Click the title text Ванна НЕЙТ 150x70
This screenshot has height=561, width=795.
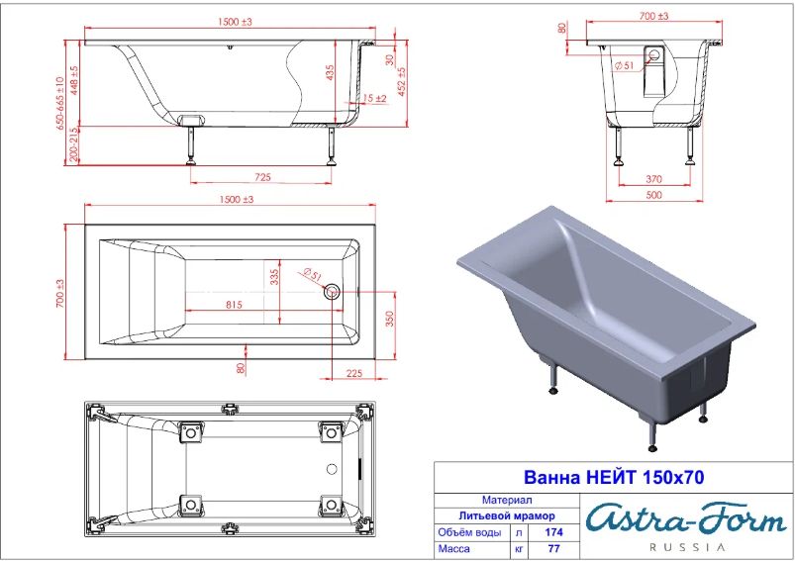tap(614, 477)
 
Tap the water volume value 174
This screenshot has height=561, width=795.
tap(554, 532)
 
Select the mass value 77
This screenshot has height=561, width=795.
tap(554, 548)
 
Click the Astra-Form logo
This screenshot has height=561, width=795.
tap(687, 519)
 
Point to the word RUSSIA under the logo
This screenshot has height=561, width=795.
tap(687, 547)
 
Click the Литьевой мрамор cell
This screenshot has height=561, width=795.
tap(507, 515)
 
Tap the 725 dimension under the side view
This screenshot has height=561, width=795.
tap(262, 177)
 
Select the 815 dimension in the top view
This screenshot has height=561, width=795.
tap(234, 305)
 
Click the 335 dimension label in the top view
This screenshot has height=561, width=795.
tap(274, 277)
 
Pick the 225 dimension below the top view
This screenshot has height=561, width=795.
tap(354, 373)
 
